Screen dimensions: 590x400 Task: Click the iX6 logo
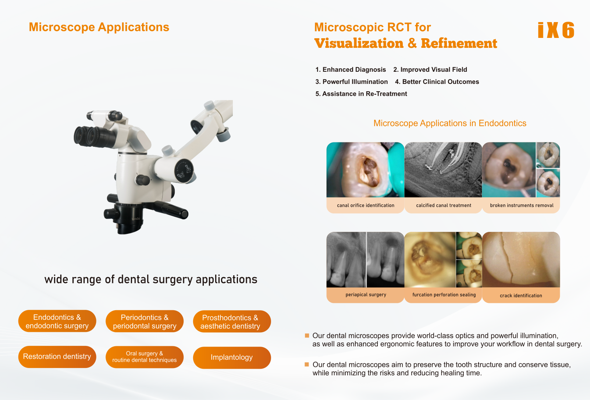556,30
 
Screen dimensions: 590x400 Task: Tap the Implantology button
232,357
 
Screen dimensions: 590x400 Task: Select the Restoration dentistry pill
57,357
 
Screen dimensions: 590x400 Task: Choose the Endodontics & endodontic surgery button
57,321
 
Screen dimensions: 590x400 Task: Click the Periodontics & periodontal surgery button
145,321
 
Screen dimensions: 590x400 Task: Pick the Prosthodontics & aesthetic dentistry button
232,322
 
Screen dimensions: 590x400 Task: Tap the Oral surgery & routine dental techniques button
145,357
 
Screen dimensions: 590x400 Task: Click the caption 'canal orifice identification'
366,205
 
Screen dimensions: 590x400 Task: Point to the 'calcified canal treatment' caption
444,205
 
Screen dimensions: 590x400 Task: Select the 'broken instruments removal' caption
522,205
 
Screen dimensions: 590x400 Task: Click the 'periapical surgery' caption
366,295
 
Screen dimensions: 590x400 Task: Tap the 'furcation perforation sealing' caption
444,295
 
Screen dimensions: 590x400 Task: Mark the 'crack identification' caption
521,295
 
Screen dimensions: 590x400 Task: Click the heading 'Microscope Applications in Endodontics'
450,123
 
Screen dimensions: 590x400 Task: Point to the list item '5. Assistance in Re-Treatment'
361,94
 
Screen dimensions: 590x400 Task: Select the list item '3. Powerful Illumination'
351,82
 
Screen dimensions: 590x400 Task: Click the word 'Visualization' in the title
359,43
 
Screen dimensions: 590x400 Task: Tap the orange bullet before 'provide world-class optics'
307,336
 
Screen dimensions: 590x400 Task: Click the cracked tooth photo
521,259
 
